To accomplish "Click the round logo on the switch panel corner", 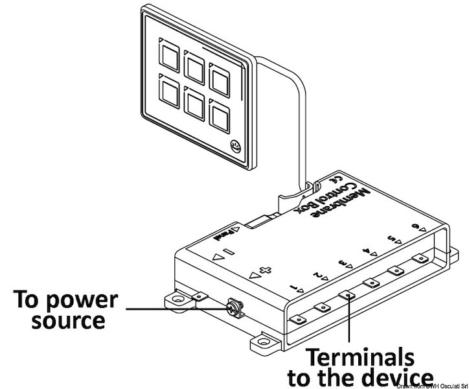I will click(x=235, y=147).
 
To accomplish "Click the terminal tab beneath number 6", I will click(x=422, y=258).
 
